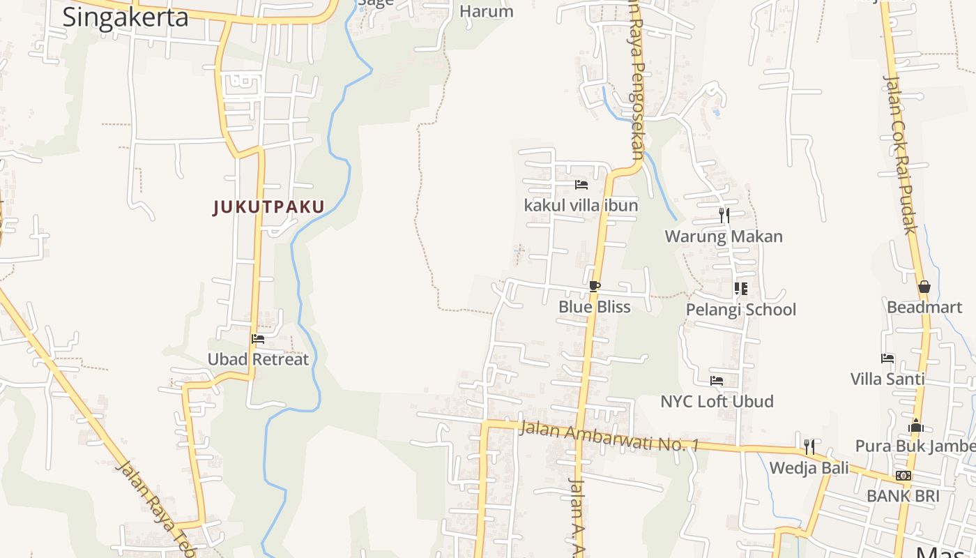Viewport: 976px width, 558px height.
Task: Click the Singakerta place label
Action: tap(125, 17)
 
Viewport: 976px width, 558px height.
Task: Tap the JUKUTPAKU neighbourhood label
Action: tap(269, 207)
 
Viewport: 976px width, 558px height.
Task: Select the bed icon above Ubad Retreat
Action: tap(258, 339)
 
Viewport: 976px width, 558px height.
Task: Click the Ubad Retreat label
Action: tap(258, 360)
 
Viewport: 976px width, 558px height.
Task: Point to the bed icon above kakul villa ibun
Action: tap(581, 185)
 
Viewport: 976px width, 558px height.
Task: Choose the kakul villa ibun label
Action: tap(581, 206)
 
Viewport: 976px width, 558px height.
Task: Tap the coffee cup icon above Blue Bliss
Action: tap(594, 286)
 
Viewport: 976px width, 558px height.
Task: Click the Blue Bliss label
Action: tap(594, 307)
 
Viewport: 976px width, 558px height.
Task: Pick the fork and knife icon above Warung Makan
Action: tap(724, 216)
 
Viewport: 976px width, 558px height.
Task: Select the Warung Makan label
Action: tap(724, 236)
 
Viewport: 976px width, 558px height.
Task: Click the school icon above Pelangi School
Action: tap(740, 288)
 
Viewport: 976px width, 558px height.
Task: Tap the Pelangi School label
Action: tap(740, 310)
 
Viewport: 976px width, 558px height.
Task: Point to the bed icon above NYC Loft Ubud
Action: tap(716, 381)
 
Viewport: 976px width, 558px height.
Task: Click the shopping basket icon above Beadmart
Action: tap(924, 287)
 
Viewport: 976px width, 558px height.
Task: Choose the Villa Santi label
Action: tap(887, 379)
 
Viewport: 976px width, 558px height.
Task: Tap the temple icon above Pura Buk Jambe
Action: tap(916, 425)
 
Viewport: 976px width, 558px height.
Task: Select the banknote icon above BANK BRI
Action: tap(903, 476)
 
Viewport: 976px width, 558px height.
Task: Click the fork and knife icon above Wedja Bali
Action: tap(809, 446)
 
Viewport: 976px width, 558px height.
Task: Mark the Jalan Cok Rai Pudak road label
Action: tap(900, 153)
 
